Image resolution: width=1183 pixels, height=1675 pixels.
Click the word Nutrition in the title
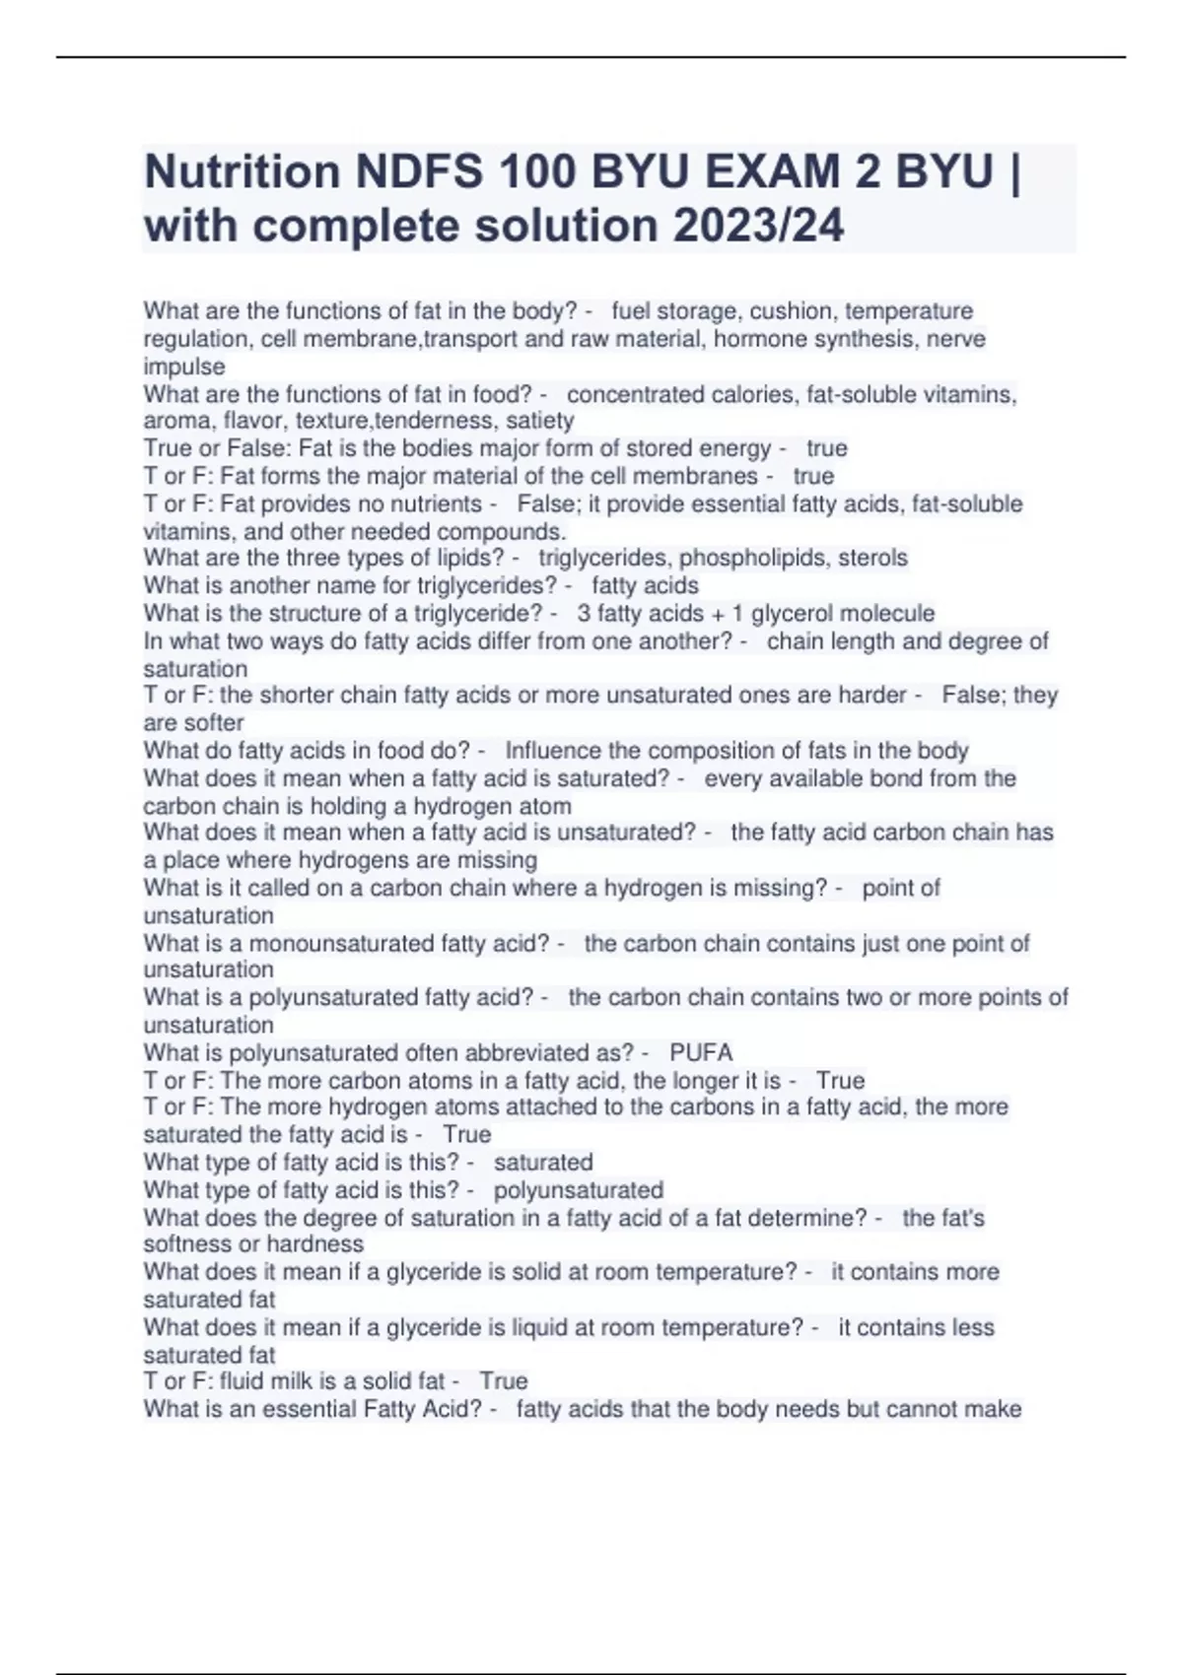tap(242, 172)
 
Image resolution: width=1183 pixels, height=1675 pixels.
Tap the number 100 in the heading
tap(538, 172)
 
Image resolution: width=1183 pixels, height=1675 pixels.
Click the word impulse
tap(184, 367)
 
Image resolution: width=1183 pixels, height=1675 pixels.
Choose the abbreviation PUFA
tap(701, 1052)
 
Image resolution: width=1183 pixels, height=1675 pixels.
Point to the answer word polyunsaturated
tap(579, 1190)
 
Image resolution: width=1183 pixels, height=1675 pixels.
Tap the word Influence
tap(550, 751)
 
